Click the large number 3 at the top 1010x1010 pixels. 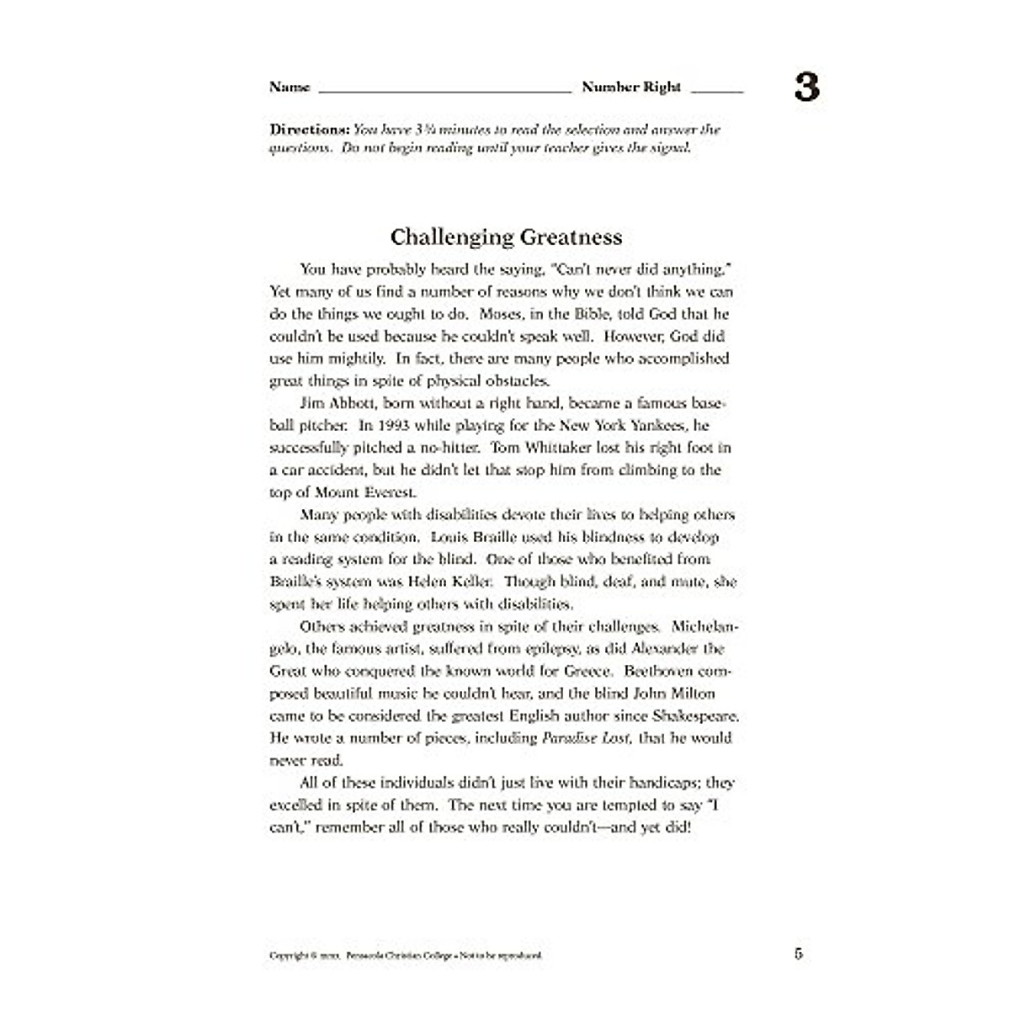coord(806,88)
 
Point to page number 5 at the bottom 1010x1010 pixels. coord(798,954)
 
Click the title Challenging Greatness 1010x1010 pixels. coord(506,237)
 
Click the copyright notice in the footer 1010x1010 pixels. coord(406,956)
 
